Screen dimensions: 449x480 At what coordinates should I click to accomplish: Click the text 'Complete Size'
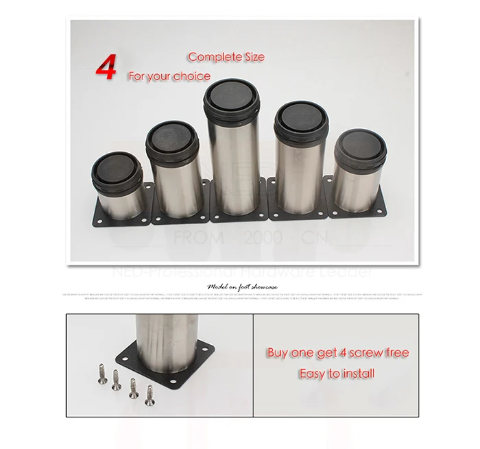226,57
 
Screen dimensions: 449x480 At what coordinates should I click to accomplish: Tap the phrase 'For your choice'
169,76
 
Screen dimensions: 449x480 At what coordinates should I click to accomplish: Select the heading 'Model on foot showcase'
239,287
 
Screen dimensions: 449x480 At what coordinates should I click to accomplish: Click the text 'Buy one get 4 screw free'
337,353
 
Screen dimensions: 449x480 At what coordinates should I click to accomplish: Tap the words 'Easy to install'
337,374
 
